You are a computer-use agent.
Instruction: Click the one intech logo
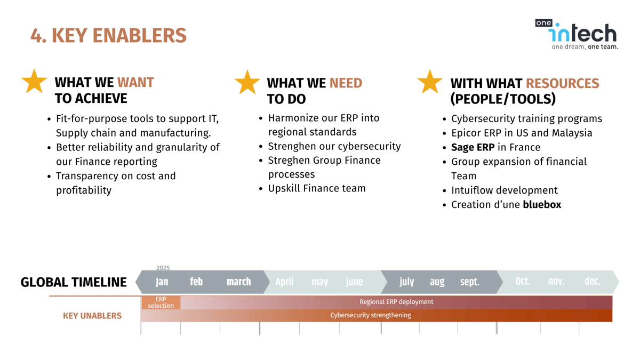(577, 34)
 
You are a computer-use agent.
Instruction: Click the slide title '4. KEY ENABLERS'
(108, 36)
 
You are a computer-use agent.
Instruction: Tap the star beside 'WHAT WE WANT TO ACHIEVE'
(34, 82)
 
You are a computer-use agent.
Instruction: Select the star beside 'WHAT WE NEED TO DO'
(247, 83)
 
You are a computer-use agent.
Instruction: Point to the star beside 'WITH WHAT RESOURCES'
(430, 82)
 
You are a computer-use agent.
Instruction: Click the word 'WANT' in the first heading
(135, 83)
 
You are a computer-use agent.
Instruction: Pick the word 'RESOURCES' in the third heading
(562, 84)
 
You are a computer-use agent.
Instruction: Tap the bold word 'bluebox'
(542, 205)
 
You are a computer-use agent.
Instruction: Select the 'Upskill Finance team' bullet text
(317, 188)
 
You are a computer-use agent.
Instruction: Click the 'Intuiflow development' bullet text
(504, 190)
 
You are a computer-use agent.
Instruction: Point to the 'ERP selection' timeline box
(161, 302)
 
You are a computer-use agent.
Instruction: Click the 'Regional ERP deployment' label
(396, 302)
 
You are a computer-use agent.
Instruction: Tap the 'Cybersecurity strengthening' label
(371, 315)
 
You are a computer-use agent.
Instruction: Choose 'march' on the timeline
(238, 282)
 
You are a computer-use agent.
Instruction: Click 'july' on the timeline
(406, 282)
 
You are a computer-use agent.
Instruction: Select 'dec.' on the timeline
(592, 282)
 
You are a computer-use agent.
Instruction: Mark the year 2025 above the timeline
(163, 268)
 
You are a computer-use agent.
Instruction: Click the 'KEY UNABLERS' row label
(92, 316)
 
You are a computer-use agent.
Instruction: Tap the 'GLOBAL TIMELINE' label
(74, 282)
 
